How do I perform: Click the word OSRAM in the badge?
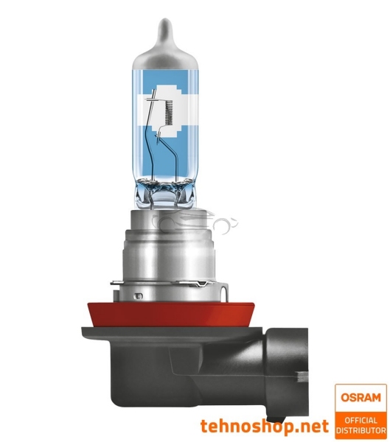click(x=360, y=398)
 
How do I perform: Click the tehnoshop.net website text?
click(x=264, y=426)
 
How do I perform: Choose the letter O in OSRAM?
click(x=344, y=398)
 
